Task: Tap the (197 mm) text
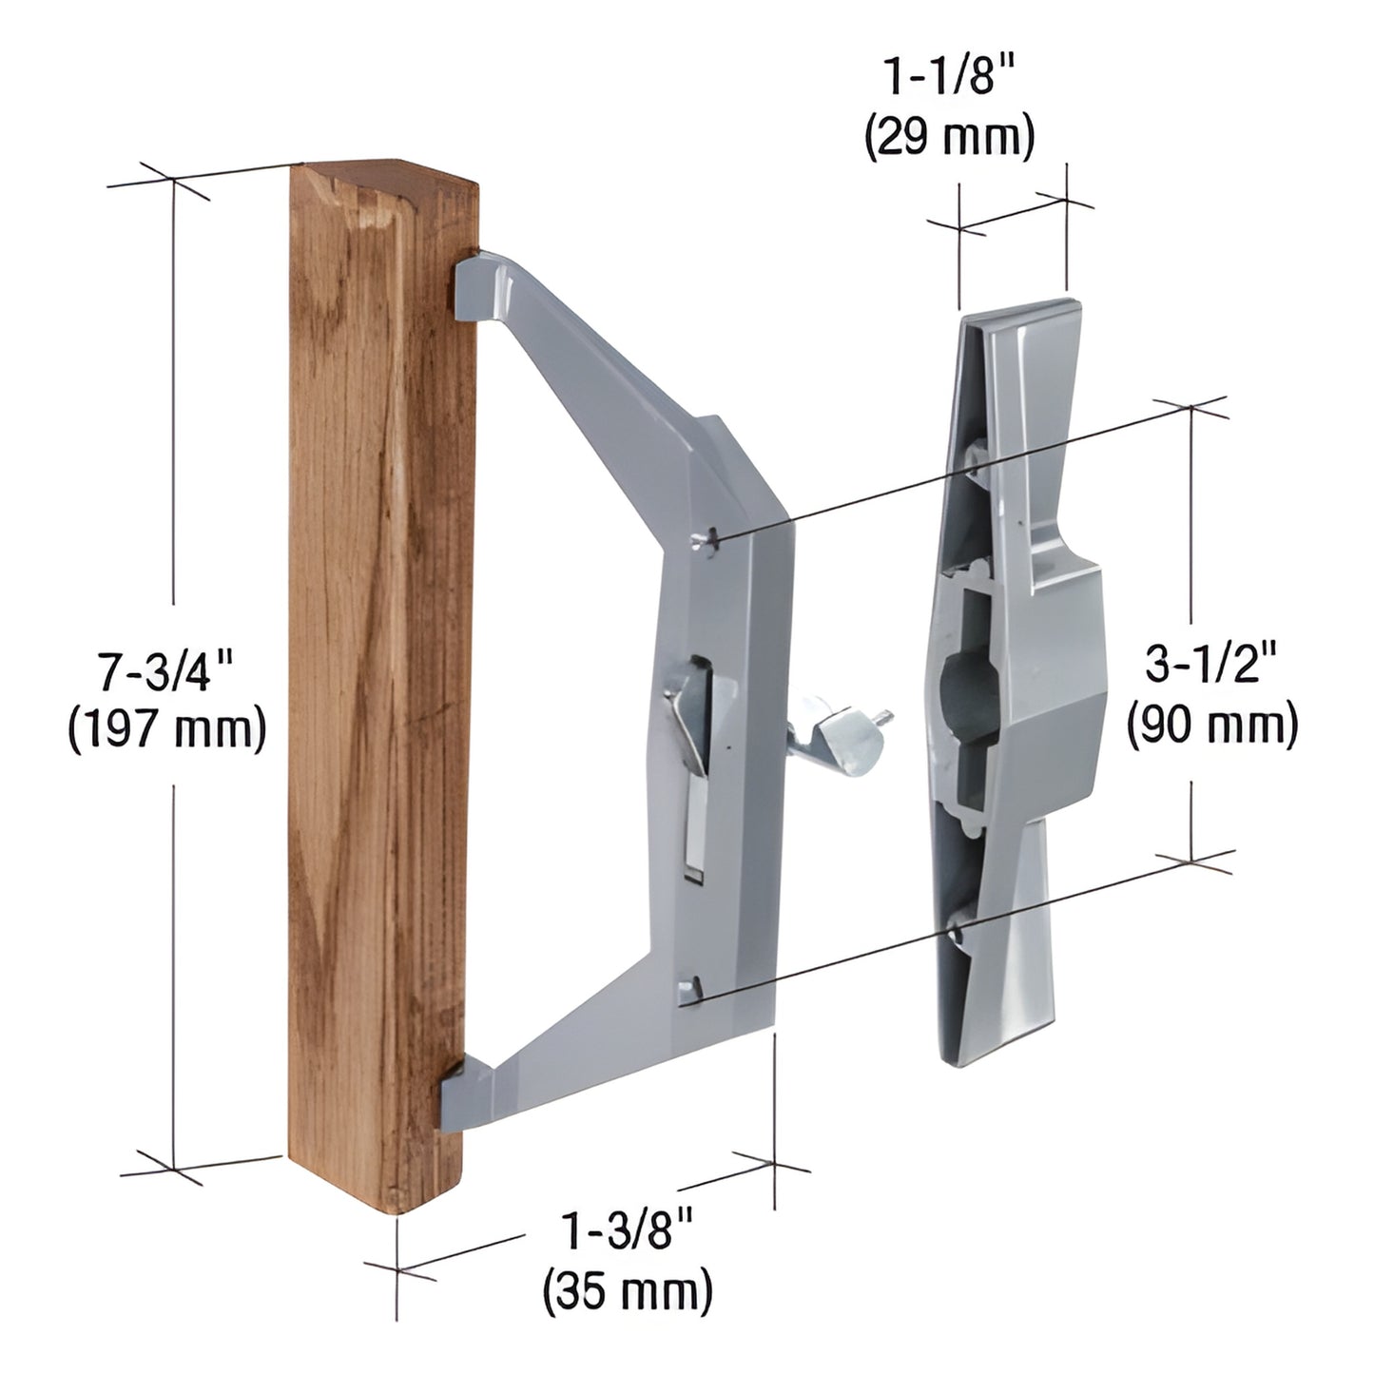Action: point(167,730)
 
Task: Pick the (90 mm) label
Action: point(1211,725)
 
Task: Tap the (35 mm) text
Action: point(628,1292)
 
